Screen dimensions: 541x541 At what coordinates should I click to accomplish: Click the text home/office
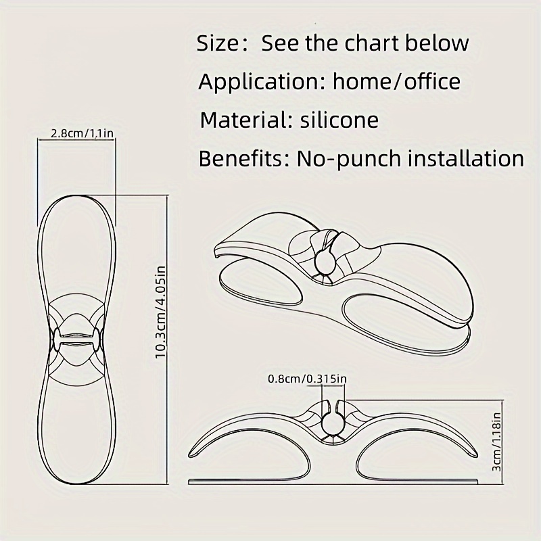pyautogui.click(x=396, y=82)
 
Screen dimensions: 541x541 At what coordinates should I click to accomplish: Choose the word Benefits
pyautogui.click(x=241, y=159)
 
